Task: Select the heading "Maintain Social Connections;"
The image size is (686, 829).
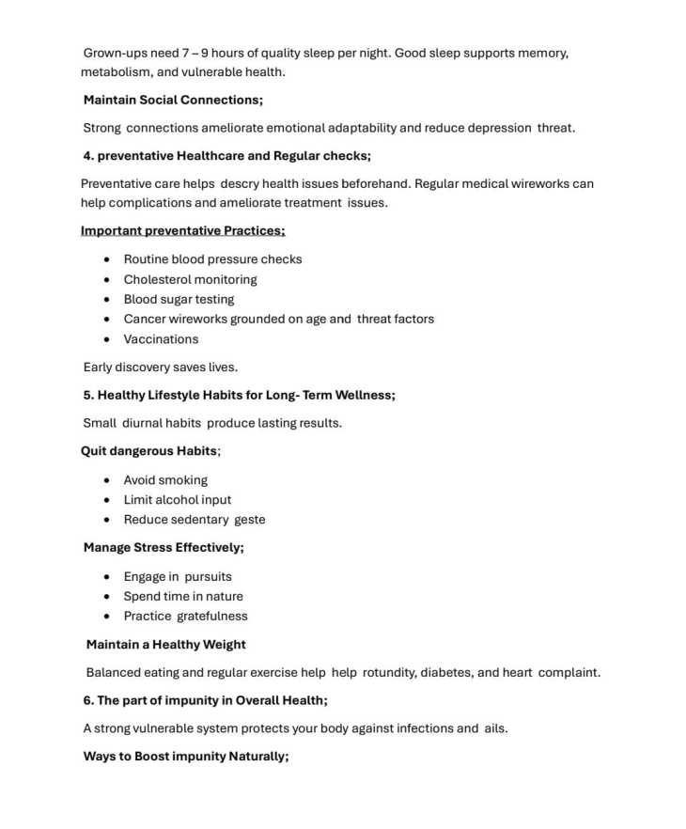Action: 173,100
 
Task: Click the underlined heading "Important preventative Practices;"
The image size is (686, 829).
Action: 182,231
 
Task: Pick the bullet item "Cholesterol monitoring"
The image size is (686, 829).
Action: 190,279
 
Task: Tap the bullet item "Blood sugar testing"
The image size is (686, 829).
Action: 179,299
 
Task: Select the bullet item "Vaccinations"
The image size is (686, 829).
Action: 161,339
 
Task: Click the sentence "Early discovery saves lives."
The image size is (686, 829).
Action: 160,368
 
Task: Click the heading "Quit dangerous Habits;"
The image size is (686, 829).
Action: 150,451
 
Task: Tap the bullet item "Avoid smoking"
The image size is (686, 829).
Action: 165,480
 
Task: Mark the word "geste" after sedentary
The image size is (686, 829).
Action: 250,520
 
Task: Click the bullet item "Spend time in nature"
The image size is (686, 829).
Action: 183,597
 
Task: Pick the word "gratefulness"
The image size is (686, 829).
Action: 212,617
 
